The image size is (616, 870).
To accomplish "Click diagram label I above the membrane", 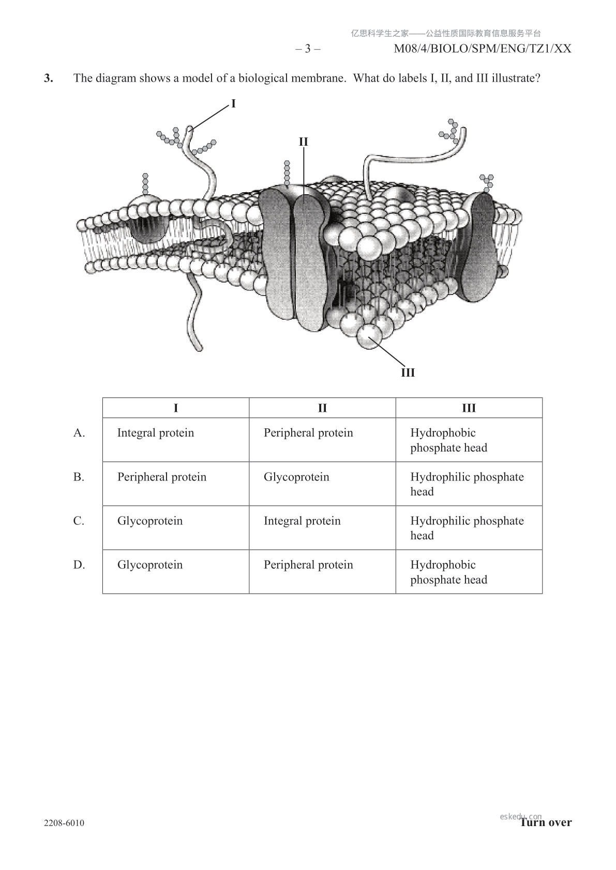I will (x=233, y=104).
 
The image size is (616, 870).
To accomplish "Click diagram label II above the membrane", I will (x=303, y=142).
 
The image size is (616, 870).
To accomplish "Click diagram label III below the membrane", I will (x=408, y=372).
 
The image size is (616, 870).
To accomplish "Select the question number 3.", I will (x=49, y=79).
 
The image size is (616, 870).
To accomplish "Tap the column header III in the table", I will (x=469, y=408).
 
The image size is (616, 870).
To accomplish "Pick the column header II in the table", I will (x=322, y=408).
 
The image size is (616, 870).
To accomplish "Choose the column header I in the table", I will (x=176, y=408).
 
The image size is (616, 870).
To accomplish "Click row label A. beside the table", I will (x=79, y=433).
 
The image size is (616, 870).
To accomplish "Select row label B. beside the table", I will (x=79, y=477).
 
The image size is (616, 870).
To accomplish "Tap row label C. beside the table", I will (x=79, y=521).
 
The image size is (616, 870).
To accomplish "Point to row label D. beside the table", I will (x=79, y=565).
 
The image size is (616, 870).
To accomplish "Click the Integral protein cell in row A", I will (x=156, y=433).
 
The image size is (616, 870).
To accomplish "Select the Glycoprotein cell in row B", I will (x=296, y=477).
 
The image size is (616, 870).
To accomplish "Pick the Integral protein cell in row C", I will (x=302, y=521).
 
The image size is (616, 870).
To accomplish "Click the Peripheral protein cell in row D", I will (x=308, y=565).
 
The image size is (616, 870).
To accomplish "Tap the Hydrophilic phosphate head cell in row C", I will (x=467, y=527).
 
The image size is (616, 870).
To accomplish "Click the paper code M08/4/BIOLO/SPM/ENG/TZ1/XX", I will (x=483, y=49).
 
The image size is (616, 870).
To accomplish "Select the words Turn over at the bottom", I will (x=546, y=822).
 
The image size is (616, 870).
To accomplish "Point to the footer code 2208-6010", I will (x=64, y=823).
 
